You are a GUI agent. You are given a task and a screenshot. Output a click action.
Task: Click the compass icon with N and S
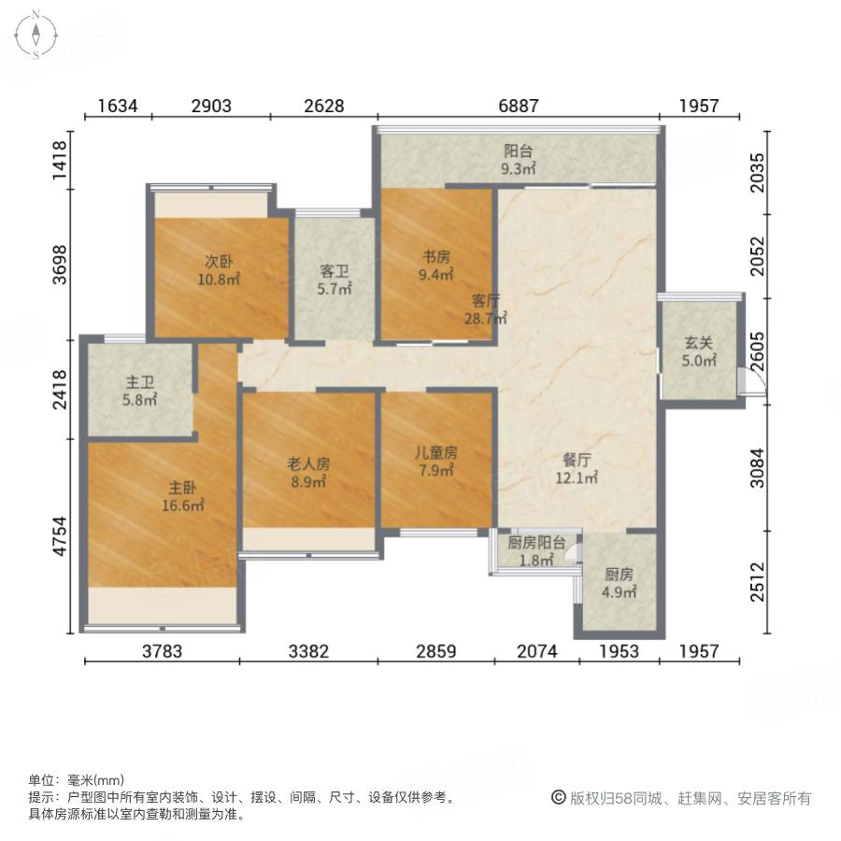point(36,36)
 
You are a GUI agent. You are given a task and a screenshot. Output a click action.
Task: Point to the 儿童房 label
point(436,453)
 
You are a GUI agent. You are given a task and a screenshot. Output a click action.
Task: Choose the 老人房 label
point(307,463)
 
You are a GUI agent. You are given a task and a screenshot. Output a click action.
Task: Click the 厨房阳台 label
point(536,543)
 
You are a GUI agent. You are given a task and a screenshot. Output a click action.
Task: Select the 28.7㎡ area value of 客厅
point(488,319)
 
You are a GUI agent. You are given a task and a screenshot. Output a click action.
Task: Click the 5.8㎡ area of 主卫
point(140,400)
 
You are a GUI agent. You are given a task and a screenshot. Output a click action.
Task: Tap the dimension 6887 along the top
point(517,107)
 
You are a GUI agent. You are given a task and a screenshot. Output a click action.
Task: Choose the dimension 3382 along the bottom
point(308,651)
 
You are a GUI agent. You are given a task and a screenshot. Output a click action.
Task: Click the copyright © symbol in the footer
point(558,798)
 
